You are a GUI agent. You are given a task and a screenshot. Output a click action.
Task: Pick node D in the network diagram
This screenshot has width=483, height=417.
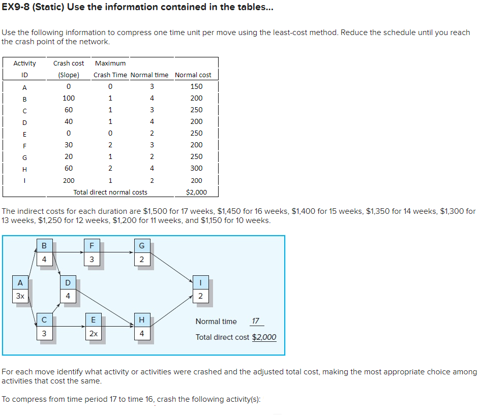coord(68,283)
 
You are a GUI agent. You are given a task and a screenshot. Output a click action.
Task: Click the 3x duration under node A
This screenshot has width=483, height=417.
coord(20,296)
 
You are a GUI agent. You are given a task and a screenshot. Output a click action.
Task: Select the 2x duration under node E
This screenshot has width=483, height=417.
coord(93,334)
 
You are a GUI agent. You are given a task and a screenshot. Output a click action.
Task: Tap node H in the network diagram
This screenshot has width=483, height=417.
coord(141,320)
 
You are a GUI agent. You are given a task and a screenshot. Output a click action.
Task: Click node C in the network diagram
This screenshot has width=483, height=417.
coord(44,320)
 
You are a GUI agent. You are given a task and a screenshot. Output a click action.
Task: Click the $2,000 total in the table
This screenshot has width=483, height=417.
coord(196,192)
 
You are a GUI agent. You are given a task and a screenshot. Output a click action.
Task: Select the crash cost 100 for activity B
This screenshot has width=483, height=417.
coord(68,98)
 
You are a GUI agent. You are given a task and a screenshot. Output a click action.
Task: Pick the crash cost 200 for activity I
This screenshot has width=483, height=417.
coord(68,180)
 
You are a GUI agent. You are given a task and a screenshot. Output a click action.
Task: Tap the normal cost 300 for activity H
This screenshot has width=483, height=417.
coord(196,168)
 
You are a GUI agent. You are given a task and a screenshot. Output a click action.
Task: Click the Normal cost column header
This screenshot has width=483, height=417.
coord(193,75)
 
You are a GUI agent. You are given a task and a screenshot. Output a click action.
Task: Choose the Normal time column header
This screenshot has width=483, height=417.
coord(149,75)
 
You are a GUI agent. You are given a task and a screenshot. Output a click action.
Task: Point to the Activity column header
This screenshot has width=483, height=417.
coord(24,63)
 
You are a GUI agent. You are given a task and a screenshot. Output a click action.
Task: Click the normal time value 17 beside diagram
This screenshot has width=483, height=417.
coord(256,321)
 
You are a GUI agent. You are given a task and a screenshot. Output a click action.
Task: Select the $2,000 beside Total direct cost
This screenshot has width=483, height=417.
coord(264,337)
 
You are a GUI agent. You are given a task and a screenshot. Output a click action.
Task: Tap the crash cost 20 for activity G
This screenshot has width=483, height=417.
coord(68,156)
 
